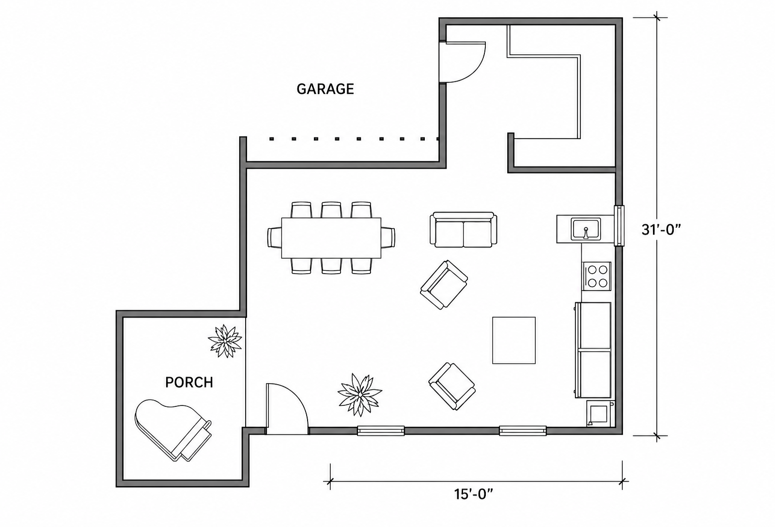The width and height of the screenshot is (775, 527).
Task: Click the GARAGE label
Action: coord(325,89)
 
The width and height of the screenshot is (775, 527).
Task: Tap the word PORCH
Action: coord(189,382)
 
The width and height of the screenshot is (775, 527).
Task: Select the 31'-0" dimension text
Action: coord(661,230)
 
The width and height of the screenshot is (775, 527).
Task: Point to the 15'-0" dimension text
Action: coord(473,494)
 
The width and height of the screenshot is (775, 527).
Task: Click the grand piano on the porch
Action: coord(172,430)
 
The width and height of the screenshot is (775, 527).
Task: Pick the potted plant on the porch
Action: coord(225,341)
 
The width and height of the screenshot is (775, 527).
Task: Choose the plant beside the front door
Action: coord(360,394)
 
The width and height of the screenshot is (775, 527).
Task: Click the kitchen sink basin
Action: coord(586,229)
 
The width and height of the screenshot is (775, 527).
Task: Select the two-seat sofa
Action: coord(463,230)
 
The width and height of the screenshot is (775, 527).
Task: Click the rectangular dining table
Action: coord(331,238)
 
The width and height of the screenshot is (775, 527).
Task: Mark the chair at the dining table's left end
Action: coord(274,237)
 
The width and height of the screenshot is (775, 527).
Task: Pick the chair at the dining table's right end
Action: coord(388,237)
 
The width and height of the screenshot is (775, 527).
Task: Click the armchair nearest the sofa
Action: coord(444,285)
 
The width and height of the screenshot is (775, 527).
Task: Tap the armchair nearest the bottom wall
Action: coord(452,387)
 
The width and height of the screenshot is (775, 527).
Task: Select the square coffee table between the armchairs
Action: coord(514,341)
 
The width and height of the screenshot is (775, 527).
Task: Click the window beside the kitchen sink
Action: coord(619,226)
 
